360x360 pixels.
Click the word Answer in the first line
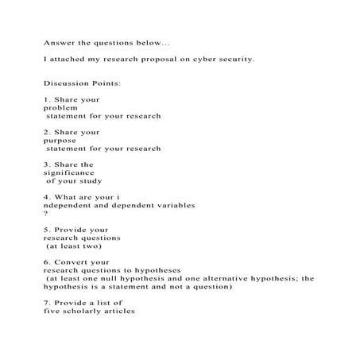point(58,43)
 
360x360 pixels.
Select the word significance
point(68,172)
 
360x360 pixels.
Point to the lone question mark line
point(45,214)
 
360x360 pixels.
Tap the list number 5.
point(47,230)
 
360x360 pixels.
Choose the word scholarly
point(88,312)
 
